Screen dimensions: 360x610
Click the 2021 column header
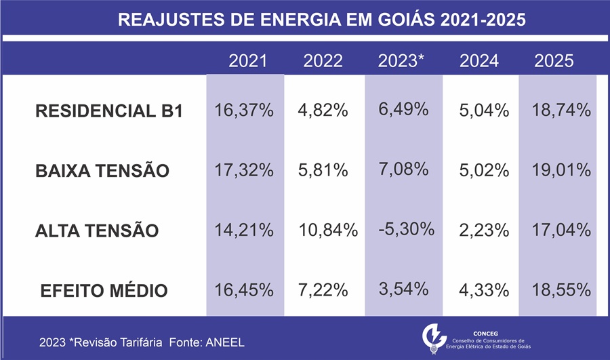coord(248,61)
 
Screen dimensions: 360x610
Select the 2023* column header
coord(401,61)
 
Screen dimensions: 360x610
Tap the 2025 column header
coord(554,61)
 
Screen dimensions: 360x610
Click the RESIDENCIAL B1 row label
coord(108,112)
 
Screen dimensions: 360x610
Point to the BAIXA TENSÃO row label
coord(102,171)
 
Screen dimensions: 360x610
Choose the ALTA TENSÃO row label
coord(97,231)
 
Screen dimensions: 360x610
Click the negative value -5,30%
coord(406,228)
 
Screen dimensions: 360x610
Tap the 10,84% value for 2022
coord(328,230)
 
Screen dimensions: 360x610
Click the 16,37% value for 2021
coord(244,111)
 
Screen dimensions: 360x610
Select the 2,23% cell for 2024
coord(484,230)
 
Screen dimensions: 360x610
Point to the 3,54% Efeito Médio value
coord(403,289)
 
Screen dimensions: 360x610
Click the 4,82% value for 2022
coord(323,111)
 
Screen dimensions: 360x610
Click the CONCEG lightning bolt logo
coord(432,337)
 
